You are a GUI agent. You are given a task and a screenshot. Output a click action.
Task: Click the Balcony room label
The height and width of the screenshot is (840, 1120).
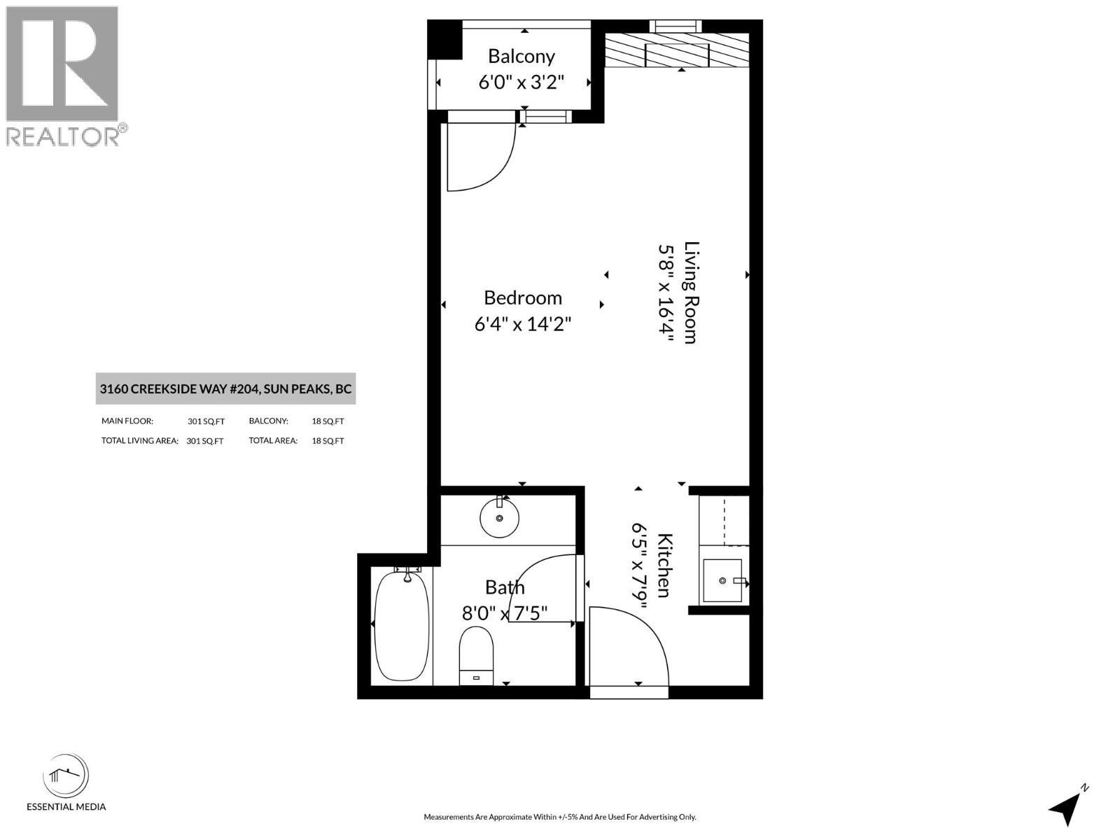click(x=521, y=56)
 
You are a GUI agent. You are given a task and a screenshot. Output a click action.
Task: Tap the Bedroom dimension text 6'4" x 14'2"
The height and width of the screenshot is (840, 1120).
click(x=523, y=325)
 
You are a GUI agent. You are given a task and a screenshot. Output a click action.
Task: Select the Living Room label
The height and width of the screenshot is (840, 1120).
click(x=692, y=293)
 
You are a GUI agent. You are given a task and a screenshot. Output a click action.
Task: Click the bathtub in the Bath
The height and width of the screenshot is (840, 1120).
click(x=402, y=624)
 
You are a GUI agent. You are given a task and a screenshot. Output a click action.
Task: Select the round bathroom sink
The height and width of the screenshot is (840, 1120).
click(x=499, y=518)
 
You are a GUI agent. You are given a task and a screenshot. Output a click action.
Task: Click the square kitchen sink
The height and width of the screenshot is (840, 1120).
click(x=722, y=580)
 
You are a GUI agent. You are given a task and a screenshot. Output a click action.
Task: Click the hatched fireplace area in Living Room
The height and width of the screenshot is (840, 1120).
click(x=678, y=51)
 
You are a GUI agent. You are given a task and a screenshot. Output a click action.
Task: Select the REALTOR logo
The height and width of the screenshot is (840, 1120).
click(x=63, y=76)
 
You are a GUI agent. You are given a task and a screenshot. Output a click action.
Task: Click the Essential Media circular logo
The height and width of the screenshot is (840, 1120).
click(x=66, y=776)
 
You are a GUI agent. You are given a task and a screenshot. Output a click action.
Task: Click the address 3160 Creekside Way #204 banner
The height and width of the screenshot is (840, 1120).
click(x=225, y=389)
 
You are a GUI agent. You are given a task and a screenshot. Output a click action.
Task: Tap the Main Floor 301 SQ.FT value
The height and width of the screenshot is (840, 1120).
click(x=206, y=421)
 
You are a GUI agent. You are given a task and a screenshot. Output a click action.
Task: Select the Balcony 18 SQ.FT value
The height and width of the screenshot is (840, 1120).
click(x=328, y=421)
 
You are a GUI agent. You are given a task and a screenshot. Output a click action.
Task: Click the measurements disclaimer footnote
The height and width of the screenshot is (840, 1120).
click(x=560, y=817)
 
